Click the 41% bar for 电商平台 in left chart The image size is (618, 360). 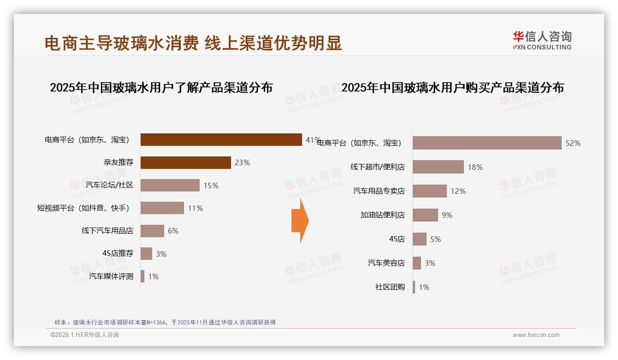221,139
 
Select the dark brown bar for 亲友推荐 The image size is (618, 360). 185,162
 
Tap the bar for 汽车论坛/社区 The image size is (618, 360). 170,185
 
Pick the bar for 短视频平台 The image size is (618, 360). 162,208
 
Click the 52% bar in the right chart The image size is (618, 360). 487,143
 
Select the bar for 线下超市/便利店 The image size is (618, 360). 438,167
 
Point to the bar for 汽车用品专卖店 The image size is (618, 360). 430,191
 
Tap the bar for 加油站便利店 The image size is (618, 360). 425,215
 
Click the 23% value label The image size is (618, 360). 242,162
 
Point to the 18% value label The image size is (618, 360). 475,167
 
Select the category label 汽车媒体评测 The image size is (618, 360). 111,276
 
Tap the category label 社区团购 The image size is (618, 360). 390,287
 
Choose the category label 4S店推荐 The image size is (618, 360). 118,253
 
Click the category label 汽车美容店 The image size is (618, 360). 386,263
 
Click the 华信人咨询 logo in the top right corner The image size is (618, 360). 542,41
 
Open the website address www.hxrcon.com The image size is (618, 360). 536,335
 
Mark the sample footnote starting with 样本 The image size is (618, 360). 165,322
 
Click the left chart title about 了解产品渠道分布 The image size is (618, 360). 161,87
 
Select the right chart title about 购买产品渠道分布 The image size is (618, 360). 452,87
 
